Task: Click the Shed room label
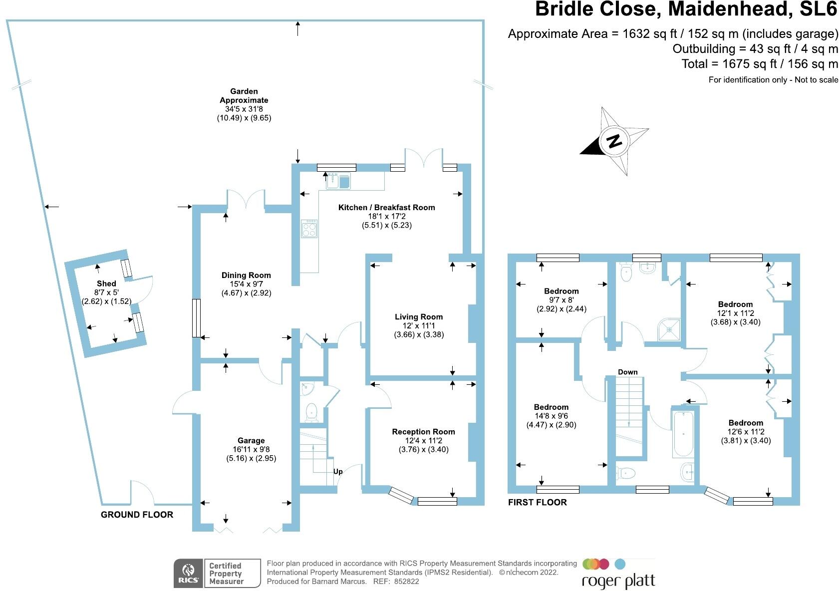click(x=106, y=284)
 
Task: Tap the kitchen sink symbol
click(x=339, y=181)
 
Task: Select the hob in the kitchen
click(x=309, y=229)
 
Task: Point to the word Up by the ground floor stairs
click(x=338, y=472)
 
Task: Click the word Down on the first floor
click(x=627, y=372)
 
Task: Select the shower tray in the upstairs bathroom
click(x=669, y=329)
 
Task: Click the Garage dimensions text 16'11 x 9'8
click(x=251, y=449)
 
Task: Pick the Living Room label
click(x=419, y=316)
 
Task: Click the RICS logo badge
click(x=188, y=573)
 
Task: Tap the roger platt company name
click(x=618, y=582)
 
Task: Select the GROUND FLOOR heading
click(x=137, y=515)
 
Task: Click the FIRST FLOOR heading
click(x=538, y=502)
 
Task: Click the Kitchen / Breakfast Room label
click(x=387, y=207)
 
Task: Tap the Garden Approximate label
click(x=244, y=96)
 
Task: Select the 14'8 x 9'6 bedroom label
click(x=551, y=407)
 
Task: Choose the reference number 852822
click(x=406, y=582)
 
